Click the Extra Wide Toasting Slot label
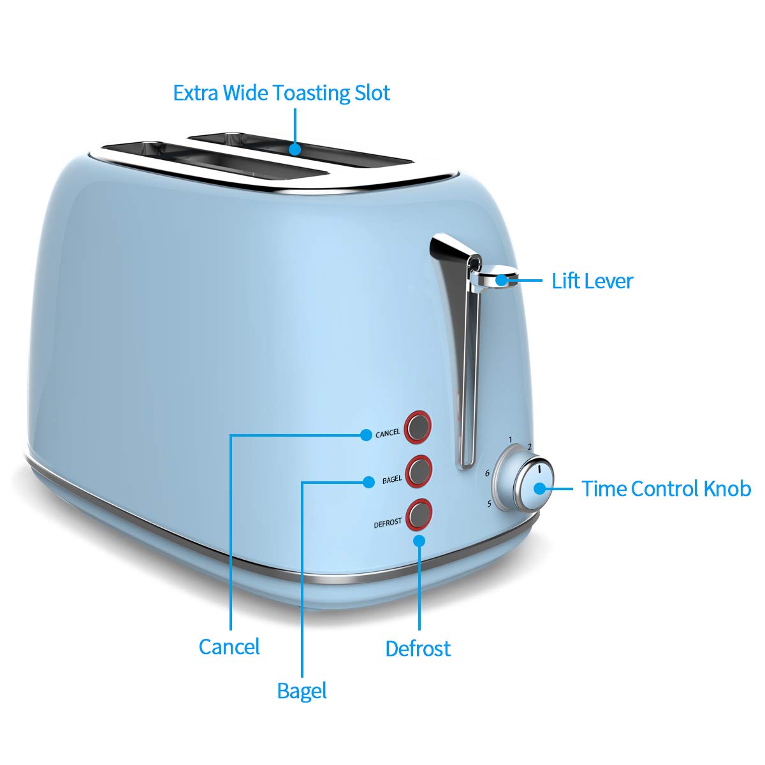point(281,93)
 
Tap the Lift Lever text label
point(592,280)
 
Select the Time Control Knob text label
point(666,489)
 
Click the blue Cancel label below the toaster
point(229,646)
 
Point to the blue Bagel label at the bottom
point(302,691)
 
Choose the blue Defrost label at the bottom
point(418,648)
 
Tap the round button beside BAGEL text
point(419,470)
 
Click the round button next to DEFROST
point(419,514)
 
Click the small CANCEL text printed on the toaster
point(388,433)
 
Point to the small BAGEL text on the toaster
point(392,479)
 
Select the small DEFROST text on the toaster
point(388,523)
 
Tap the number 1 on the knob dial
point(511,439)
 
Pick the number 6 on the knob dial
point(487,474)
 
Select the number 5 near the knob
point(489,504)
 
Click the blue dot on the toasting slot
point(294,149)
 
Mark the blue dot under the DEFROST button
point(419,541)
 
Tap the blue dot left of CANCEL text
point(365,435)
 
